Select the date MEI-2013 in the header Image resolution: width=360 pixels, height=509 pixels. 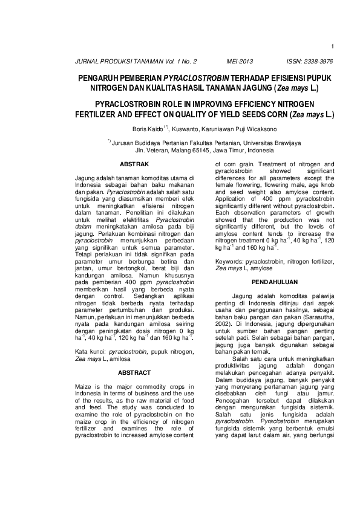[240, 62]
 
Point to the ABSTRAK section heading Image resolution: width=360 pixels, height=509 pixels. [134, 164]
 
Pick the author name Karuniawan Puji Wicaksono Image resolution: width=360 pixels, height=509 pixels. [241, 129]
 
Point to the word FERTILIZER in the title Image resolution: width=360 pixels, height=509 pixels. [100, 114]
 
